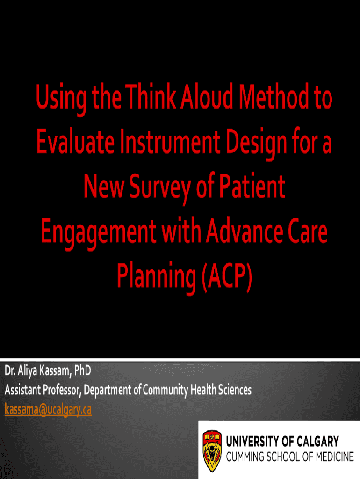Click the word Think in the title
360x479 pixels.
(x=151, y=96)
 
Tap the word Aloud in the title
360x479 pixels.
(x=207, y=96)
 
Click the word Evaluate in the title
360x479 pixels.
(x=75, y=142)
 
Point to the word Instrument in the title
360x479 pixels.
(x=170, y=142)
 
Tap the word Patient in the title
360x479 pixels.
(x=252, y=186)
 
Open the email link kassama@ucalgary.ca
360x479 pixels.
(x=48, y=409)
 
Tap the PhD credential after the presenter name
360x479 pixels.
(x=82, y=370)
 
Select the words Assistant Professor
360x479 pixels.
(x=43, y=390)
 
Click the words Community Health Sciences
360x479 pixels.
(x=197, y=390)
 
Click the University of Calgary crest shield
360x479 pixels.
(x=212, y=451)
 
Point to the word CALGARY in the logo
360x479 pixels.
(x=317, y=442)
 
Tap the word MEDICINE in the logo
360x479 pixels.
(x=335, y=457)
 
